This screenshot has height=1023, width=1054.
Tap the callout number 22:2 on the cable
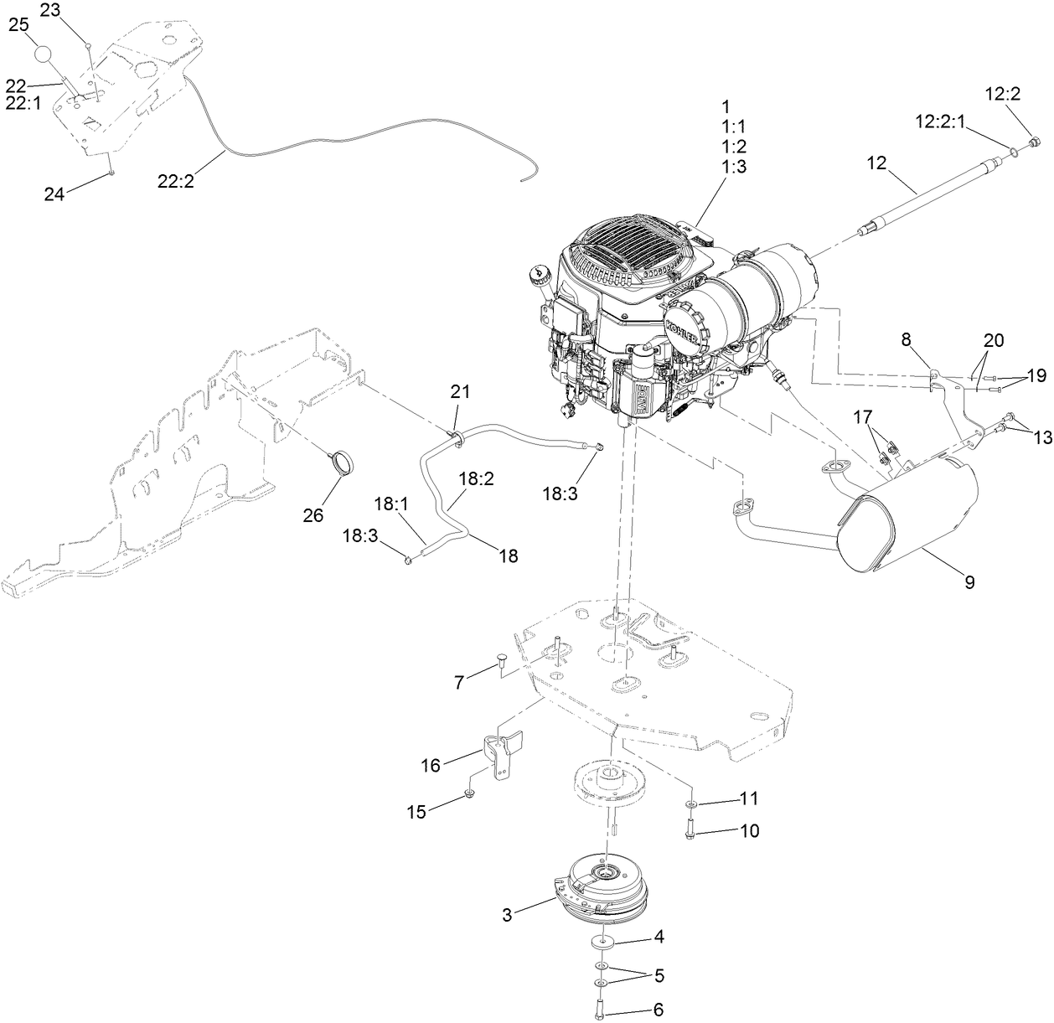(175, 179)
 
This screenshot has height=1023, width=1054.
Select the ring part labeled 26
(341, 462)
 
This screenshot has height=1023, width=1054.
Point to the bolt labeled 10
(690, 832)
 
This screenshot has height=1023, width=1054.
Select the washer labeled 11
(690, 804)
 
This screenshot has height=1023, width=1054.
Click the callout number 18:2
(475, 480)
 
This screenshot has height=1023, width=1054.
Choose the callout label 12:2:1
(940, 122)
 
